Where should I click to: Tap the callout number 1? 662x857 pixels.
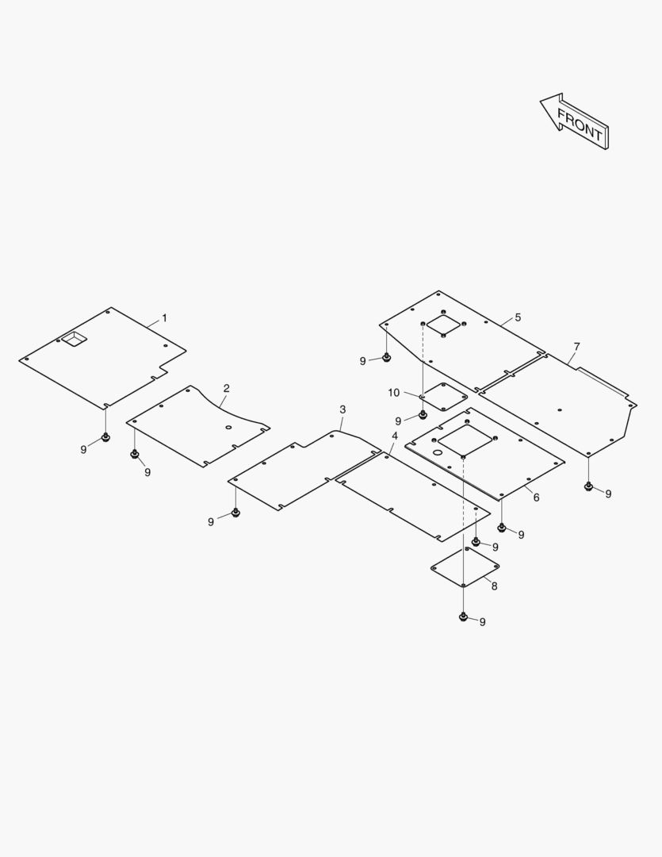164,318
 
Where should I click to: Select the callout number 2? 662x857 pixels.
227,389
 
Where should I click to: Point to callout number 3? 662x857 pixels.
342,409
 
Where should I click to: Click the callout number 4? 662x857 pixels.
395,436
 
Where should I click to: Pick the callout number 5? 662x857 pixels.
518,317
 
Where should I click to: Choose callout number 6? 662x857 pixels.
537,498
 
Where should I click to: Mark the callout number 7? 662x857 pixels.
577,347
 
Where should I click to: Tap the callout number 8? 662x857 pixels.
494,586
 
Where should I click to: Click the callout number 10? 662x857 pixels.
394,393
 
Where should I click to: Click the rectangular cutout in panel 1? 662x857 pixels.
75,339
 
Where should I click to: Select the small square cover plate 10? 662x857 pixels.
443,396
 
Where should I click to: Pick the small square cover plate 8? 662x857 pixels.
465,567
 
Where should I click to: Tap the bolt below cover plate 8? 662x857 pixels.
464,617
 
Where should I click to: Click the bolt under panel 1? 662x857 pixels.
105,437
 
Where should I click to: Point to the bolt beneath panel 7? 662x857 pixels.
588,486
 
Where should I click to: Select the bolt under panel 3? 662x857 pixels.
235,513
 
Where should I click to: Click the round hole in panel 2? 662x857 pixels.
229,428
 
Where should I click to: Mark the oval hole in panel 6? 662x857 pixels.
438,453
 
